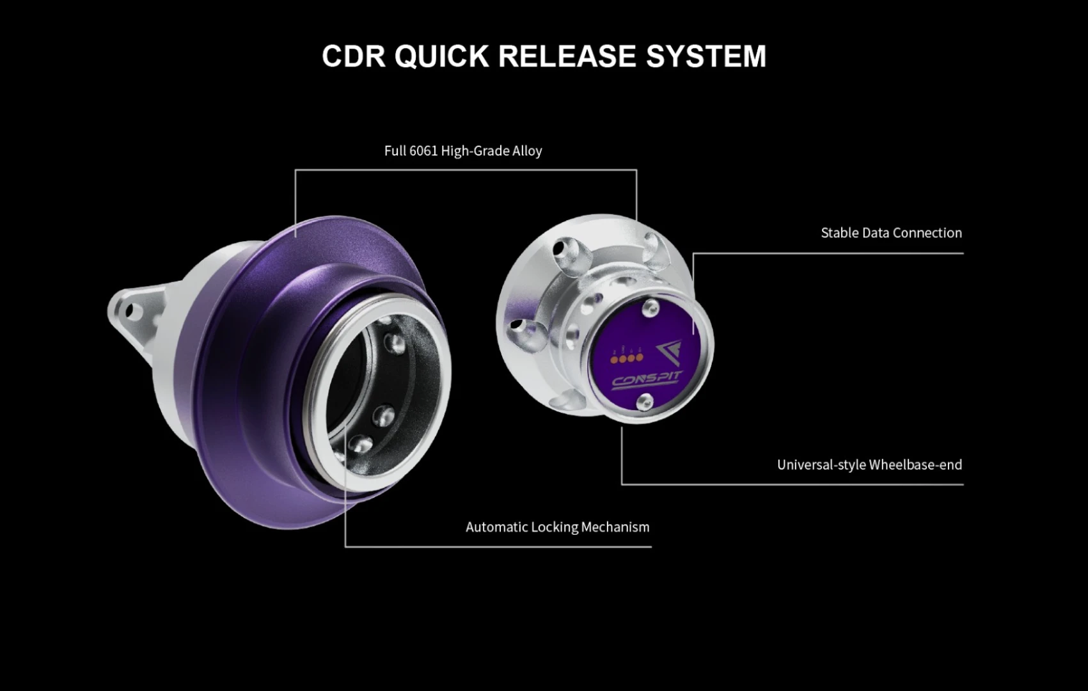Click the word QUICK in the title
441,57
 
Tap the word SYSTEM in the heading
706,56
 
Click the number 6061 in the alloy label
423,150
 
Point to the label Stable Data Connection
891,233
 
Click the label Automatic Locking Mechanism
557,527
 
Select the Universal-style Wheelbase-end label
869,465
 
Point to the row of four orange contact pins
627,359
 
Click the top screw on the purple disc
650,308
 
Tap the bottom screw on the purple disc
645,401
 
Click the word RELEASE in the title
567,56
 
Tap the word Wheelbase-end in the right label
915,465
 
